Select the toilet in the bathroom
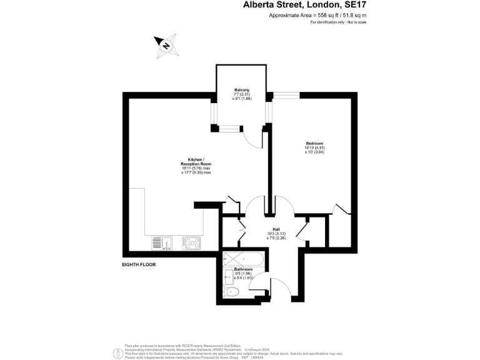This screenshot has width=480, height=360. point(231,291)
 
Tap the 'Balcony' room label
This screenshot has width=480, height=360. point(241,90)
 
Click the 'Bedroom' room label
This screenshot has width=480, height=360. point(314,143)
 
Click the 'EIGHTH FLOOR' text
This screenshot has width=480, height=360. point(139,264)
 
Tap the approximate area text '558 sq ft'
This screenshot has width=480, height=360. point(324,15)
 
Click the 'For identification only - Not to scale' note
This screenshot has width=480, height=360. point(338,22)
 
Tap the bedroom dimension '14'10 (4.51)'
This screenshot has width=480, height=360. point(314,147)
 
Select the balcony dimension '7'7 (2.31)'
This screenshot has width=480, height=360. point(241,94)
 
